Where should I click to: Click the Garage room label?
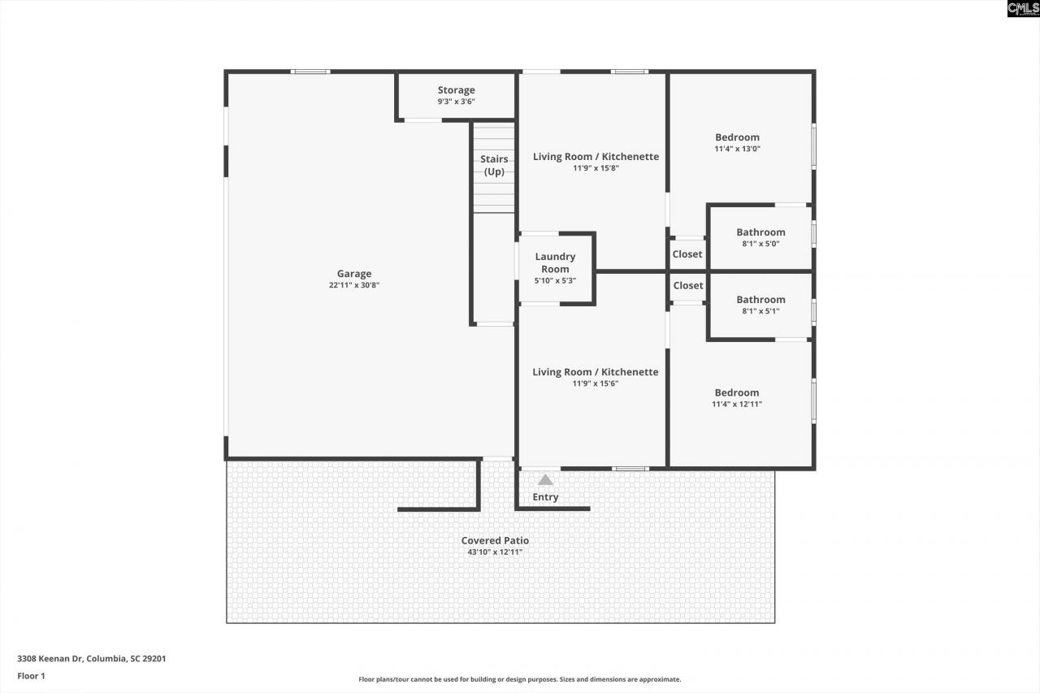tap(354, 274)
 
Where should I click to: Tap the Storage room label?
tap(456, 90)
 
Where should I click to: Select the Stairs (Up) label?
tap(494, 165)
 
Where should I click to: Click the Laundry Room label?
tap(555, 262)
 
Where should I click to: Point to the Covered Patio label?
tap(495, 540)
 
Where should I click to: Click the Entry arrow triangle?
tap(545, 480)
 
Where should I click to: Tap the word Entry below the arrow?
tap(545, 497)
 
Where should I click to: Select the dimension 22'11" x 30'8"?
tap(354, 285)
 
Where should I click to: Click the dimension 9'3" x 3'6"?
tap(456, 102)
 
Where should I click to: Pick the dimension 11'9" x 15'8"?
tap(596, 168)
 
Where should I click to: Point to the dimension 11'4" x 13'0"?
tap(737, 149)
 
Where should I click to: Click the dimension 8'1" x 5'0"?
tap(760, 244)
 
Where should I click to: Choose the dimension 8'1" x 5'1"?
tap(760, 311)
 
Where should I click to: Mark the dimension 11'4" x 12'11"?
tap(737, 404)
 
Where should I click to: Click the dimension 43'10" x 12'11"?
tap(495, 552)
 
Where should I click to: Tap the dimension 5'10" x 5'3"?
tap(555, 280)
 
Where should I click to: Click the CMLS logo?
tap(1022, 9)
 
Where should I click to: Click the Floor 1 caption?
tap(32, 675)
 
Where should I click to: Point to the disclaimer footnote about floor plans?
tap(520, 679)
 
